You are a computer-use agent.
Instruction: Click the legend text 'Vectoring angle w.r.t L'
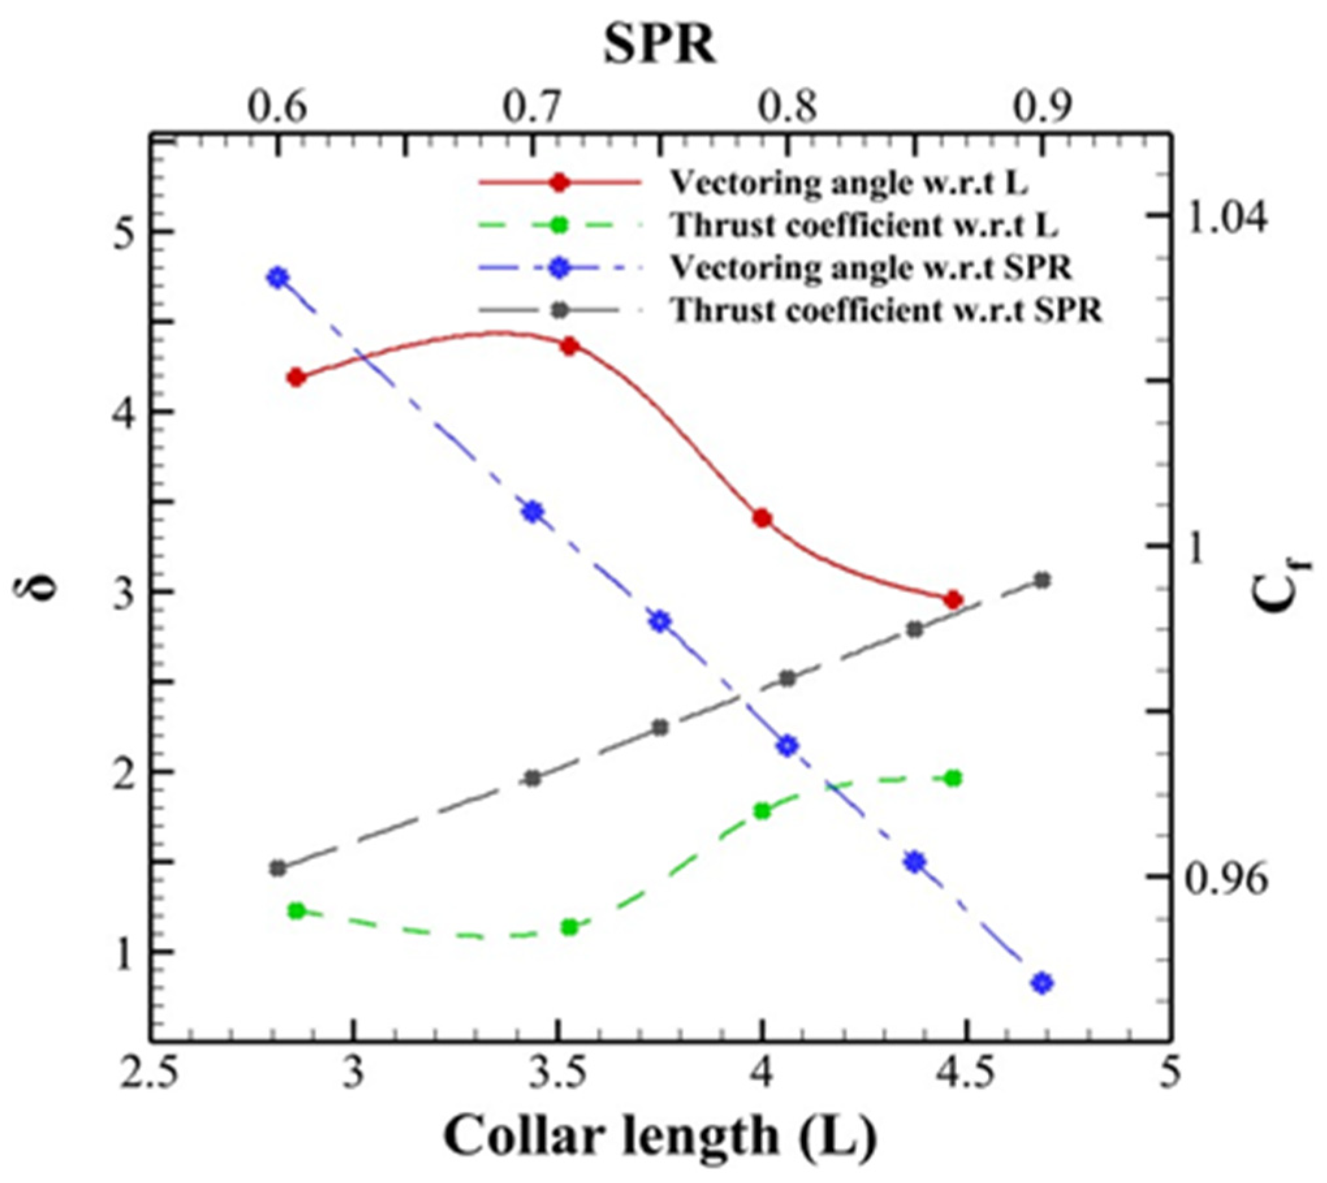(849, 184)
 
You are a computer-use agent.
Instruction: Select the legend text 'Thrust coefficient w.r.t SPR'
(886, 311)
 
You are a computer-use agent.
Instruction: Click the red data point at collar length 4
(762, 519)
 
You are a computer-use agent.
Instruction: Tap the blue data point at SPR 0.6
(278, 278)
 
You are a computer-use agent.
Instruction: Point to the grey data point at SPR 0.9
(1042, 580)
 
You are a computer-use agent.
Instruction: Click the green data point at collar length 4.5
(954, 779)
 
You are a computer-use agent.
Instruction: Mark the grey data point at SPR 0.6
(278, 868)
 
